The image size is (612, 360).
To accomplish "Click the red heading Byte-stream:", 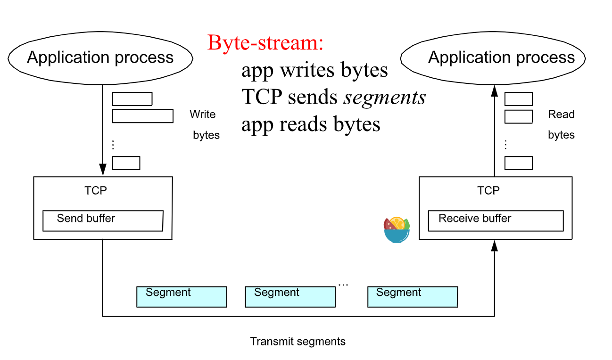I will (x=265, y=43).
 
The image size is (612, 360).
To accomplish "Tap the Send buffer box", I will (x=103, y=221).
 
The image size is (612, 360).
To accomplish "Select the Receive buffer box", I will (x=496, y=221).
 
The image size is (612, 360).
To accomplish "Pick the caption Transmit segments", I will (x=298, y=342).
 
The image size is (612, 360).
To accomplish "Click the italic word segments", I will (x=385, y=97).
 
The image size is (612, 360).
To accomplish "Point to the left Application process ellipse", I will (x=100, y=58).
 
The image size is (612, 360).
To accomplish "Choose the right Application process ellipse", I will (x=493, y=58).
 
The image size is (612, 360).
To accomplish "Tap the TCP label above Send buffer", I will (x=96, y=190).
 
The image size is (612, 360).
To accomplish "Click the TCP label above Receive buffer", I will (x=488, y=190).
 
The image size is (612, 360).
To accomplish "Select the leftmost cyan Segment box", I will (x=182, y=297).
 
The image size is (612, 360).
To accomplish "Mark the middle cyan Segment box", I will (x=290, y=297).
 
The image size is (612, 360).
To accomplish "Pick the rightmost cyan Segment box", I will (x=413, y=297).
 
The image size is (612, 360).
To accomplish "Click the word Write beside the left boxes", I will (x=203, y=115).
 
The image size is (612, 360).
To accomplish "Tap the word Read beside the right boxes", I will (x=561, y=115).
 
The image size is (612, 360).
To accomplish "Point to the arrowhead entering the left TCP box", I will (x=103, y=170).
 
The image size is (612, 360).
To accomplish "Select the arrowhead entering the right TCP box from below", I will (x=495, y=245).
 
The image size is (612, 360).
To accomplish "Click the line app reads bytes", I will (x=311, y=124).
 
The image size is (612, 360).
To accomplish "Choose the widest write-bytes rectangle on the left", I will (x=142, y=116).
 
